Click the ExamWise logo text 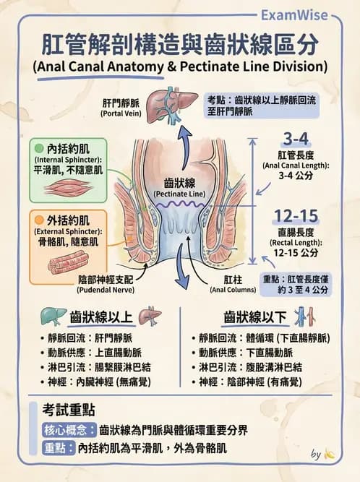(294, 15)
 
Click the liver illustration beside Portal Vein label (171, 105)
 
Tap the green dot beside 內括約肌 (39, 149)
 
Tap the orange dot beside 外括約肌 (39, 220)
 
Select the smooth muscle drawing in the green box (68, 187)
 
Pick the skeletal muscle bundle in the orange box (69, 262)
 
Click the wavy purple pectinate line (179, 205)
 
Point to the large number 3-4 (296, 139)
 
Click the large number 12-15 (296, 216)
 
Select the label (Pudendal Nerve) (106, 290)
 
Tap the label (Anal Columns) (233, 290)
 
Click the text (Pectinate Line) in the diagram (179, 194)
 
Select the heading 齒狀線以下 (255, 317)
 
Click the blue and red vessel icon (304, 317)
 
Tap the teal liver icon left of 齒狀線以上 (53, 317)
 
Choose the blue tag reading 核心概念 (69, 430)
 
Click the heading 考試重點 (69, 410)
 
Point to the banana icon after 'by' (330, 455)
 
